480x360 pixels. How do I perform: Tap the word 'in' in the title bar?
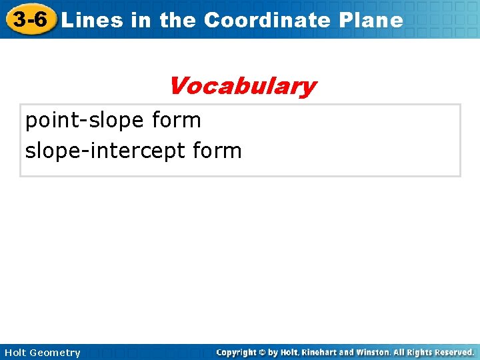click(141, 20)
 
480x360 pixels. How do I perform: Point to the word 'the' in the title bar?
click(177, 20)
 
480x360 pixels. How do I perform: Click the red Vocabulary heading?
click(242, 86)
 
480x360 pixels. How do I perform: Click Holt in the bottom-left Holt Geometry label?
click(15, 353)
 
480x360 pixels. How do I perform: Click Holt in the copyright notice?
click(291, 352)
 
